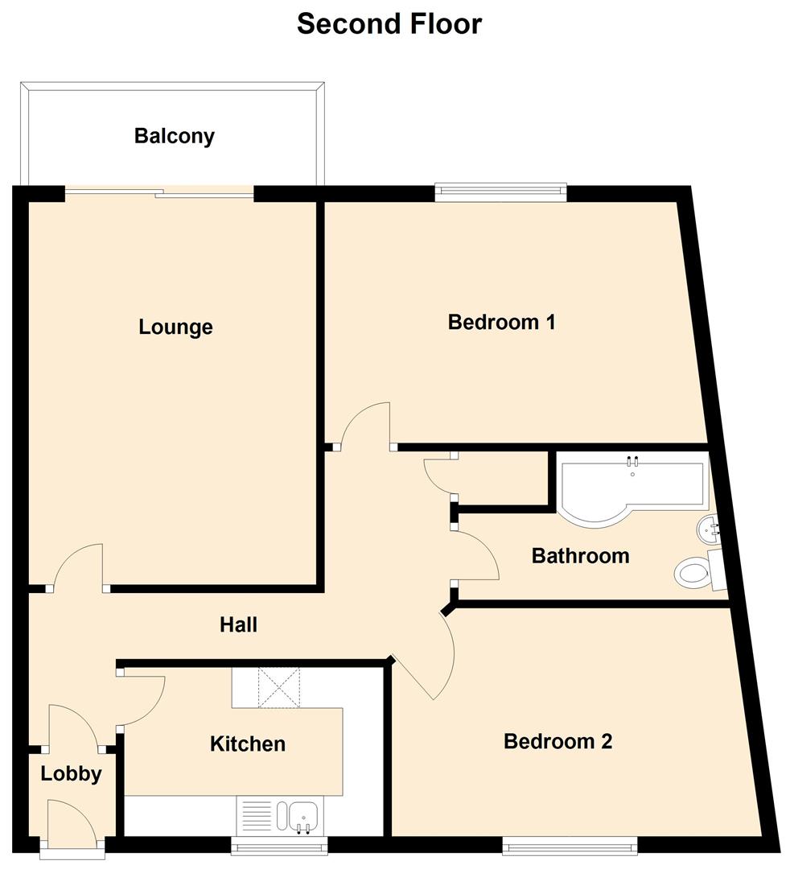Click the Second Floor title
click(x=389, y=24)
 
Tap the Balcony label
click(x=175, y=136)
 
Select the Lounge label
click(x=175, y=327)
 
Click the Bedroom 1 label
click(x=502, y=323)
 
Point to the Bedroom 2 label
click(x=558, y=741)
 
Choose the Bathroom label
click(x=580, y=556)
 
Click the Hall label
click(x=239, y=624)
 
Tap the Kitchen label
click(x=248, y=744)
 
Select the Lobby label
click(x=72, y=774)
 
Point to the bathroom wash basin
click(x=708, y=529)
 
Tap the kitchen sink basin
click(x=303, y=814)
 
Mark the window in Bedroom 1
click(x=500, y=192)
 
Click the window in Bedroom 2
click(x=570, y=845)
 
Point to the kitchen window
click(x=280, y=845)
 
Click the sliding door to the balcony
click(x=159, y=192)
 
